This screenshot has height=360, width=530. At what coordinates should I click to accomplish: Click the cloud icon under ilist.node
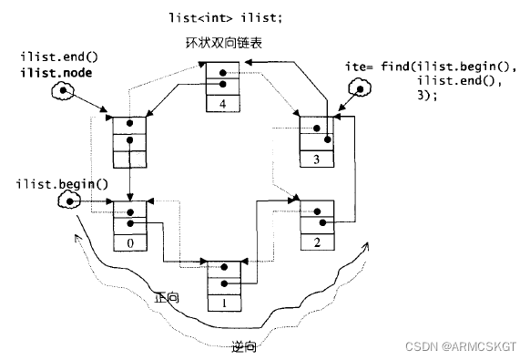[63, 92]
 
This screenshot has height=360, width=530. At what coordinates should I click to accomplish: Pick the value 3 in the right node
[316, 159]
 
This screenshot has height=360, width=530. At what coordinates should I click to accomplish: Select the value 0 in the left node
[131, 245]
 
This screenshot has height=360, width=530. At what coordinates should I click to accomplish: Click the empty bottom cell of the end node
[129, 159]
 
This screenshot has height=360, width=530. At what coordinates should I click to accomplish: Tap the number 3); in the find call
[427, 97]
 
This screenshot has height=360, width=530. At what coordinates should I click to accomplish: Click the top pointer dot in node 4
[223, 72]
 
